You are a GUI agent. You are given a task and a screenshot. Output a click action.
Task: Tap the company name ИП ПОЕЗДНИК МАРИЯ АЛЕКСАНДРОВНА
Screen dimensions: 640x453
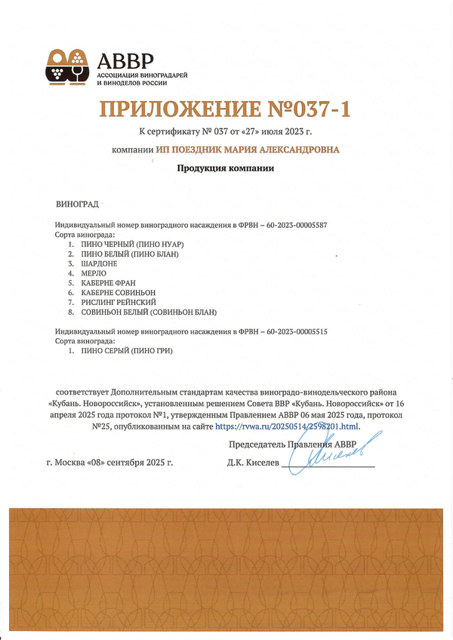(248, 150)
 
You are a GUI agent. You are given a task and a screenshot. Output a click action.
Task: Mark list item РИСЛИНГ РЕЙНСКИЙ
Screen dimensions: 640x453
(112, 302)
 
